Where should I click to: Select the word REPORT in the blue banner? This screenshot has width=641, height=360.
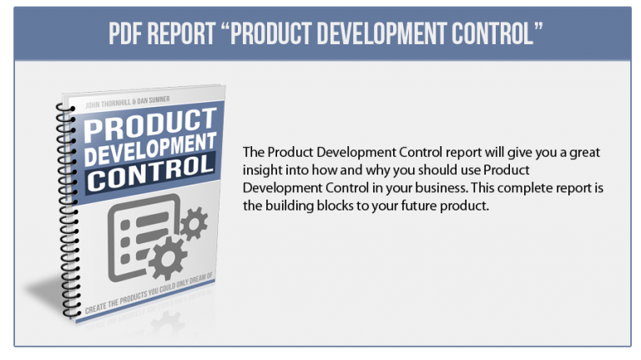181,33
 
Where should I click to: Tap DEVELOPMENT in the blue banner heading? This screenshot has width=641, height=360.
381,33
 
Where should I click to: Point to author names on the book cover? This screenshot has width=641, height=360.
128,102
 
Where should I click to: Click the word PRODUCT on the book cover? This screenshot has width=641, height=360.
150,124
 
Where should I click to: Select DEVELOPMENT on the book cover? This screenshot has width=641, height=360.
150,150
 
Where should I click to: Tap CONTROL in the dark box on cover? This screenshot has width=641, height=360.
150,175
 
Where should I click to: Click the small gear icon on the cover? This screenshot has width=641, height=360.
194,223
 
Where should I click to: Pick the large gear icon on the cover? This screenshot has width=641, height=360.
167,259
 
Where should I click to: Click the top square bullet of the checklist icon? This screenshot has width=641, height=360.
125,225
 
